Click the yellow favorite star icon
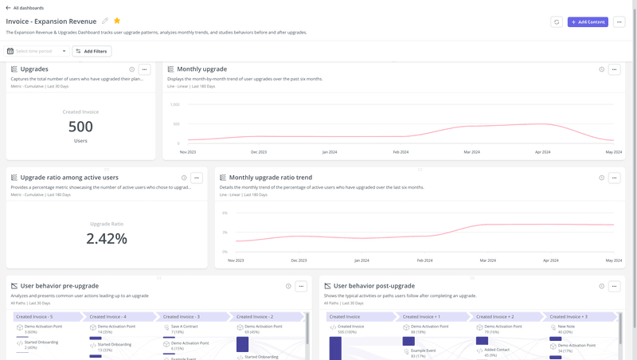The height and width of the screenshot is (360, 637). coord(117,22)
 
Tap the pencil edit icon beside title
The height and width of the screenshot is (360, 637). coord(105,22)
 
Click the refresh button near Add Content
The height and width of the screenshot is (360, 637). coord(557,22)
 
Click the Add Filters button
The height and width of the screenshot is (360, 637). coord(92,51)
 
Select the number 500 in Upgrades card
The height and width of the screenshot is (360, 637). coord(80,127)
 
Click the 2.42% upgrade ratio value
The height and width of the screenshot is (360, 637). coord(107,238)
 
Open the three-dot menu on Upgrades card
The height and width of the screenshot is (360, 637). coord(144,69)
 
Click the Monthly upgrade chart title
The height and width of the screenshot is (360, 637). coord(201,69)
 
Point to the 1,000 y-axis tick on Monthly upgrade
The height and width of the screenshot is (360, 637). coord(174,104)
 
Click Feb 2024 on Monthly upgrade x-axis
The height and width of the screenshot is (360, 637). coord(401,151)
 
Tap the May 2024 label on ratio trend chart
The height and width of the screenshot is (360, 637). coord(613,260)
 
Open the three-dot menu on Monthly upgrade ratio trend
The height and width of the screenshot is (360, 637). coord(614,178)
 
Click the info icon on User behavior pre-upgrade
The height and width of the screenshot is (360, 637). coord(288,286)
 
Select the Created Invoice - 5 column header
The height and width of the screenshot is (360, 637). coord(34,316)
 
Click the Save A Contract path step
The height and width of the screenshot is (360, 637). coord(184,327)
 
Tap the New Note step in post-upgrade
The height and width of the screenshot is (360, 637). coord(566,327)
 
